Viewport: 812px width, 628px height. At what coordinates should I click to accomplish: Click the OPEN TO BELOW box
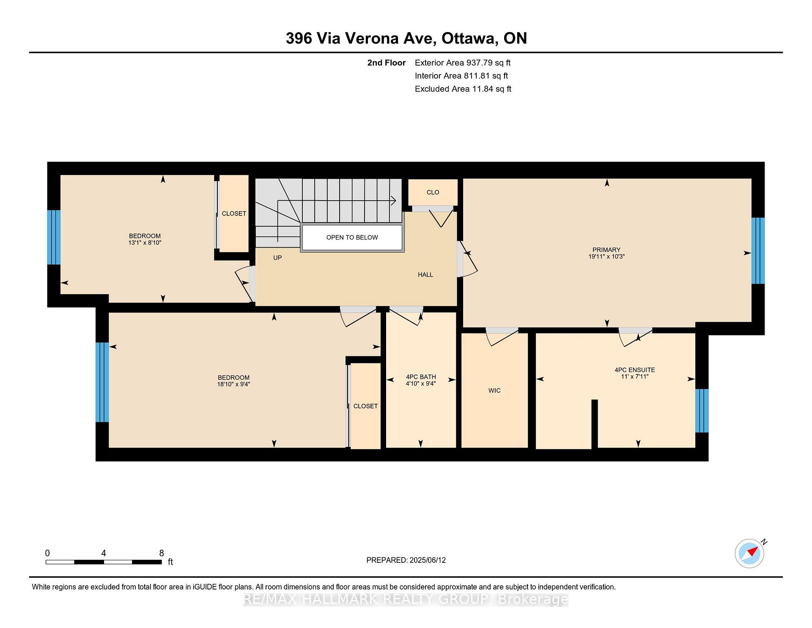351,237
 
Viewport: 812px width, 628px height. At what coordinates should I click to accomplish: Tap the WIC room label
494,391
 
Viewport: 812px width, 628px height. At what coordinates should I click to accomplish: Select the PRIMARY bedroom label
606,250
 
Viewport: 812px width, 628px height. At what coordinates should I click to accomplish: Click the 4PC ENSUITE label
635,370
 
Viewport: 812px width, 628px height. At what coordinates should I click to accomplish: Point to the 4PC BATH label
421,377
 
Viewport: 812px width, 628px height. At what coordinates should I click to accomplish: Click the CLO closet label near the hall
433,192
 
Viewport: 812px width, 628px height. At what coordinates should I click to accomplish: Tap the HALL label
425,275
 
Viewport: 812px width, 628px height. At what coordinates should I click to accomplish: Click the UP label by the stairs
277,258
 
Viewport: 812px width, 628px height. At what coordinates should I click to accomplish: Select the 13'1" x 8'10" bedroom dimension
145,243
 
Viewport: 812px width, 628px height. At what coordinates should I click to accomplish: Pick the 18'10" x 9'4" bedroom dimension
234,385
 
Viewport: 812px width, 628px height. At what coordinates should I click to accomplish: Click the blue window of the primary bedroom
758,251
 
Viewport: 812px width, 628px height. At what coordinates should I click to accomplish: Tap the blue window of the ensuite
702,410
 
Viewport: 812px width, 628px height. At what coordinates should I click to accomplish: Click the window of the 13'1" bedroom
54,237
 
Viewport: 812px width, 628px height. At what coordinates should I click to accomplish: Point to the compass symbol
750,553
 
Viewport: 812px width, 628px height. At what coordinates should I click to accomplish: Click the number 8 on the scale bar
162,553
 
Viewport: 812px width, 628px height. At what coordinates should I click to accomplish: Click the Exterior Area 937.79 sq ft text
463,63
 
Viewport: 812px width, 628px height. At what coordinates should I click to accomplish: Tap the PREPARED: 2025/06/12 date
406,560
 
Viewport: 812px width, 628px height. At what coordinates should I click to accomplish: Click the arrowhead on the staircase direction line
393,200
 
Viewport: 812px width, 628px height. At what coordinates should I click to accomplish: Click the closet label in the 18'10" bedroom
365,406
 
